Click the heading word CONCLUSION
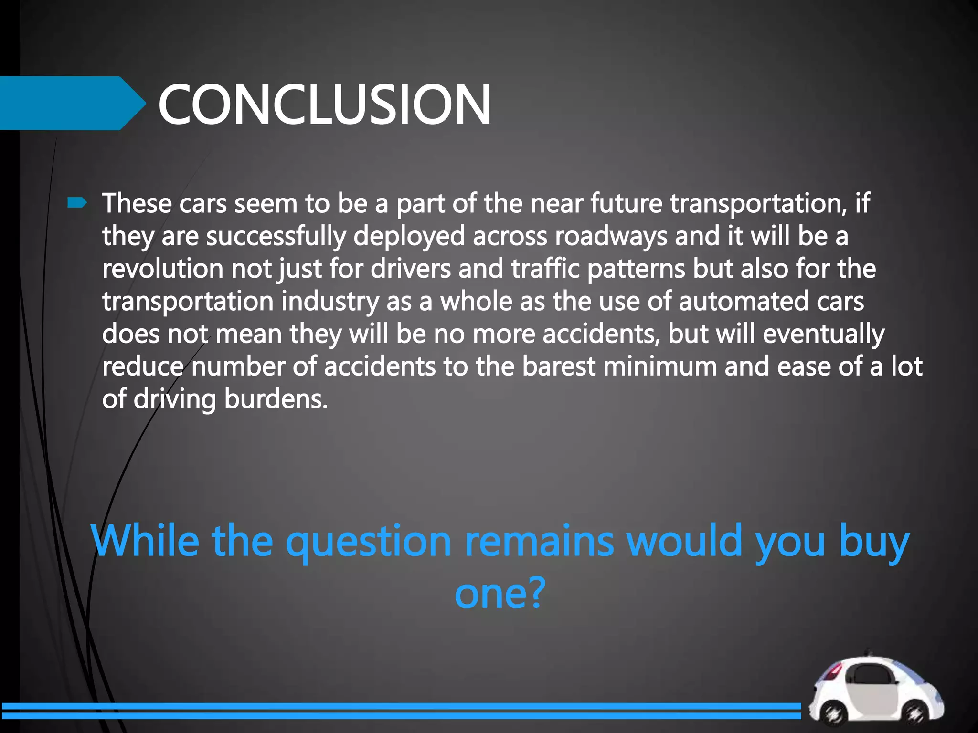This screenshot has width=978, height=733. (x=324, y=104)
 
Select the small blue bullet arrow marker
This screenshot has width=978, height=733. (x=77, y=204)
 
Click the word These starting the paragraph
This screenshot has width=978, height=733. (x=137, y=203)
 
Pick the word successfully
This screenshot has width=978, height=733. (x=276, y=236)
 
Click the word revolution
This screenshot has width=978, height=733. (x=163, y=269)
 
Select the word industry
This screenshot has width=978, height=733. (x=330, y=302)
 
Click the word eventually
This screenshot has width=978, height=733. (x=823, y=334)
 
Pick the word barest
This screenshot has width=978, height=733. (x=559, y=366)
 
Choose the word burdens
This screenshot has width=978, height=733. (x=276, y=399)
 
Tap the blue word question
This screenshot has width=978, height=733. (x=368, y=541)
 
